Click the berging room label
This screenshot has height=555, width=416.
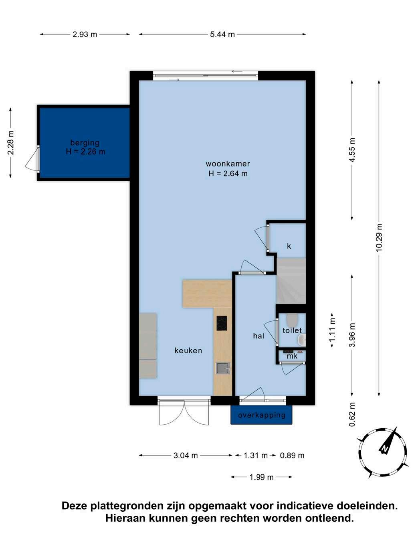click(85, 143)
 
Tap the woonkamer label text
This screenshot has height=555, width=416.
click(228, 164)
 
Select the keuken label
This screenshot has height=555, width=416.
click(188, 350)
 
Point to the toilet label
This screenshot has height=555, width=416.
click(292, 330)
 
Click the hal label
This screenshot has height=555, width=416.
click(258, 336)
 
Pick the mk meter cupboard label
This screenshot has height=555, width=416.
click(292, 356)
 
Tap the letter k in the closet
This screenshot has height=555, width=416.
click(289, 246)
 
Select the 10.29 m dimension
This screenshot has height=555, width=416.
click(379, 238)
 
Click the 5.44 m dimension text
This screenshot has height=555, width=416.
click(222, 34)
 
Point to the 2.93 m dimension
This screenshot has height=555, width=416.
click(85, 34)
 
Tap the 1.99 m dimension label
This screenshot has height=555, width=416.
click(262, 477)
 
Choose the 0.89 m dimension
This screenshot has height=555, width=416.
click(292, 456)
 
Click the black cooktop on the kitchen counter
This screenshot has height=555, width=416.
click(222, 323)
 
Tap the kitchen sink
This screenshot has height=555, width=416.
click(223, 368)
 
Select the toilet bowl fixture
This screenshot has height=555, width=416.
click(293, 320)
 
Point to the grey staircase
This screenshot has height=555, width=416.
click(291, 281)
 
